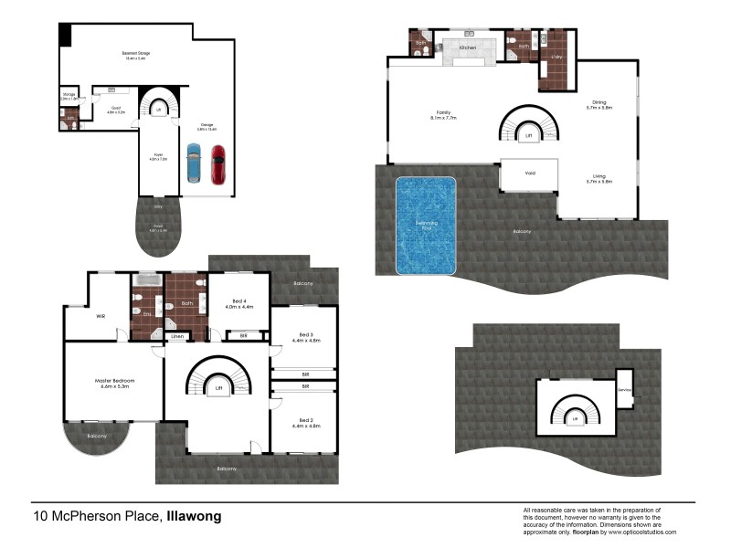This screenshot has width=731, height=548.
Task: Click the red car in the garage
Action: (217, 164)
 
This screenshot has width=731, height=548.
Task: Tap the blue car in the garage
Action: (193, 164)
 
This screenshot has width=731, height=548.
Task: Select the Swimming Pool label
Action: (425, 224)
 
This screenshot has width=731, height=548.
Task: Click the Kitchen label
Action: (468, 47)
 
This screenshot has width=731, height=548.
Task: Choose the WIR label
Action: (101, 319)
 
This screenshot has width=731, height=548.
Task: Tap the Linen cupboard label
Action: (178, 337)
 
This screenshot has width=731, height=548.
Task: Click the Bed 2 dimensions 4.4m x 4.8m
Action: (302, 426)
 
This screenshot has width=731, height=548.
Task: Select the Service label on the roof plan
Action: (625, 389)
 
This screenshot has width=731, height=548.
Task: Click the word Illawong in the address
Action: (194, 517)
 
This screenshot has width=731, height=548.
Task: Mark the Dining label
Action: (599, 102)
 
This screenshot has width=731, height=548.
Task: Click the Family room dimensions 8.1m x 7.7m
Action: (443, 118)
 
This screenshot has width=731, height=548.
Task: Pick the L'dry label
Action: (556, 58)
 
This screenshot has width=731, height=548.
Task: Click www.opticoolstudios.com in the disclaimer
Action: (644, 532)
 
